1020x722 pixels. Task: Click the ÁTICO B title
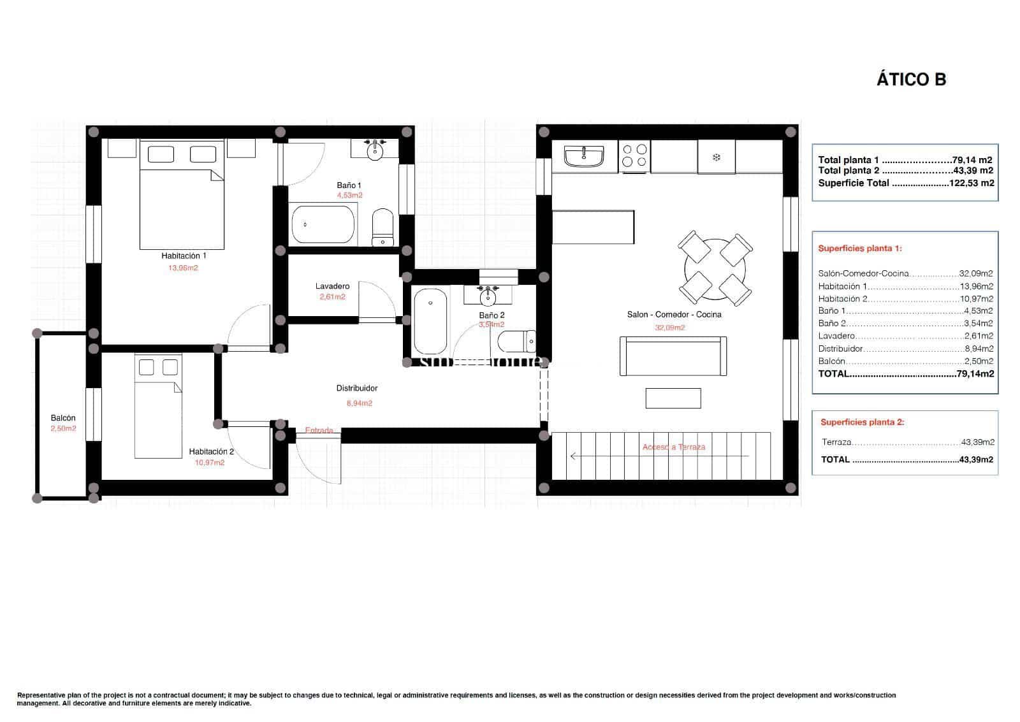click(911, 80)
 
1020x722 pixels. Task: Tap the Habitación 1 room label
click(184, 256)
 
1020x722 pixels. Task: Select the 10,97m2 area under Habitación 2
click(210, 463)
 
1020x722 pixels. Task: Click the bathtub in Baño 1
click(323, 224)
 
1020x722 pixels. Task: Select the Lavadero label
click(332, 286)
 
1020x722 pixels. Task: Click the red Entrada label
click(319, 430)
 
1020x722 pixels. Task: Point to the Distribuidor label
click(357, 388)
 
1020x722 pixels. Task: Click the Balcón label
click(63, 418)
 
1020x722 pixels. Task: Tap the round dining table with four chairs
click(715, 268)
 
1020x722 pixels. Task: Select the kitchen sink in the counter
click(584, 156)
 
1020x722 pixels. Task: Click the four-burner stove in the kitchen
click(634, 156)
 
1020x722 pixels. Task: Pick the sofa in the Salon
click(673, 357)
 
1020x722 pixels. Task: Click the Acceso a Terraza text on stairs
click(674, 447)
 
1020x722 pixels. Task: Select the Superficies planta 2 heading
click(862, 422)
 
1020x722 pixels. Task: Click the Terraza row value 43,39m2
click(977, 442)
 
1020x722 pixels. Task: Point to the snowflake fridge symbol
click(717, 157)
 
